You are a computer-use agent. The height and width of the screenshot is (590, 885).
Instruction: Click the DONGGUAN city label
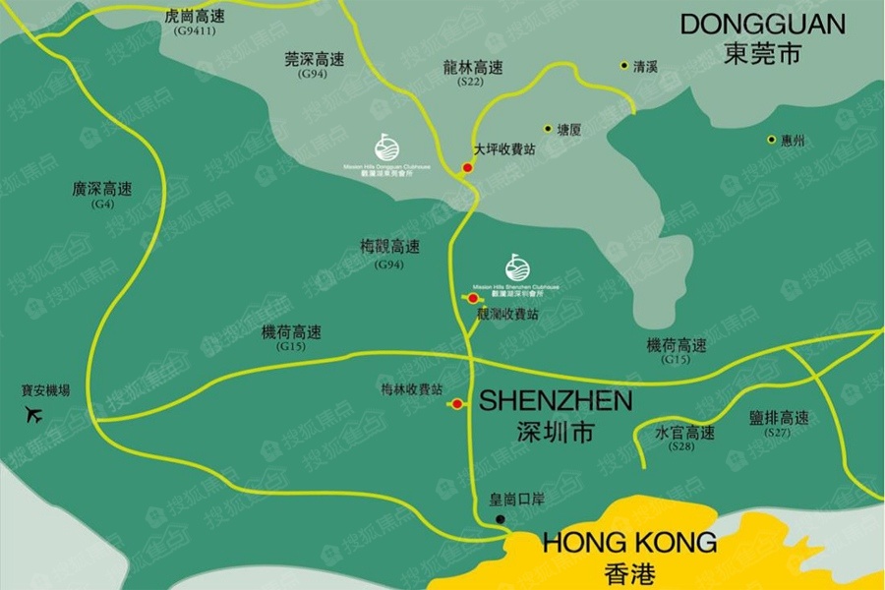762,25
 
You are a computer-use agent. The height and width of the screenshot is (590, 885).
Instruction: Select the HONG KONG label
629,542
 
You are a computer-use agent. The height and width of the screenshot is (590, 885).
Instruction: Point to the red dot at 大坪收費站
468,168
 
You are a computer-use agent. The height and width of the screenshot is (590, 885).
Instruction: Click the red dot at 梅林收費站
458,404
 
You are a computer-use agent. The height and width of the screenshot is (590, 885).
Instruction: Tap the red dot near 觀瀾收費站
473,298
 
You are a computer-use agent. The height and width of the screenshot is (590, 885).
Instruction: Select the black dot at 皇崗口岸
500,518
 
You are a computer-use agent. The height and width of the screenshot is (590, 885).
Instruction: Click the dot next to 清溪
623,66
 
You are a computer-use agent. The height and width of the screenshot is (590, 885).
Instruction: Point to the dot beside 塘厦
548,128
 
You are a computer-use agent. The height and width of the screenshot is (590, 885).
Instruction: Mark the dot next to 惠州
772,140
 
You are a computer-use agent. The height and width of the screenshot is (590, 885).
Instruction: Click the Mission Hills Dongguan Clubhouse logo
387,148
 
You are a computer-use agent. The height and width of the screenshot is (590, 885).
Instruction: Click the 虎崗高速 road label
196,17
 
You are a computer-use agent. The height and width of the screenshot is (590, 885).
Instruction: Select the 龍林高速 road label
473,68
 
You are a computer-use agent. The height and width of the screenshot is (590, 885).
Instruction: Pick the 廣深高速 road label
102,189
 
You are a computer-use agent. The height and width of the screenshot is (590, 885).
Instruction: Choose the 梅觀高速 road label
390,248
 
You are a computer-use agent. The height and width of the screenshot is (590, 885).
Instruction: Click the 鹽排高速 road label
778,418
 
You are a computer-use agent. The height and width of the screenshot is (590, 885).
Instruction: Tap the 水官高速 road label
684,433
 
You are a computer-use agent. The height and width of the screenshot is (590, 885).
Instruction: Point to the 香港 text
630,573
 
